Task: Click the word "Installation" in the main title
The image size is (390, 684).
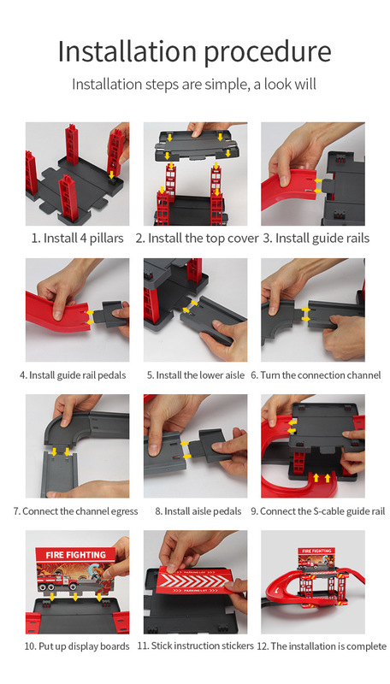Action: point(127,51)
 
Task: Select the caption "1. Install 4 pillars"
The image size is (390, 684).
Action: point(77,239)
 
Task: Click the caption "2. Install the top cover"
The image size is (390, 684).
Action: point(197,239)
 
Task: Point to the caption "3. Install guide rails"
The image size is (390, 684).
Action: point(316,239)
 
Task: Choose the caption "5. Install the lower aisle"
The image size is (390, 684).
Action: point(196,375)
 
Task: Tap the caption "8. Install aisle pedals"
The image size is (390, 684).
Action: point(198,511)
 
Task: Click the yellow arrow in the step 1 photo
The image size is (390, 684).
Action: point(112,175)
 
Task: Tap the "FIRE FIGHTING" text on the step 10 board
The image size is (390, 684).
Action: point(76,555)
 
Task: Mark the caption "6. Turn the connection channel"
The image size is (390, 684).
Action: point(316,375)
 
